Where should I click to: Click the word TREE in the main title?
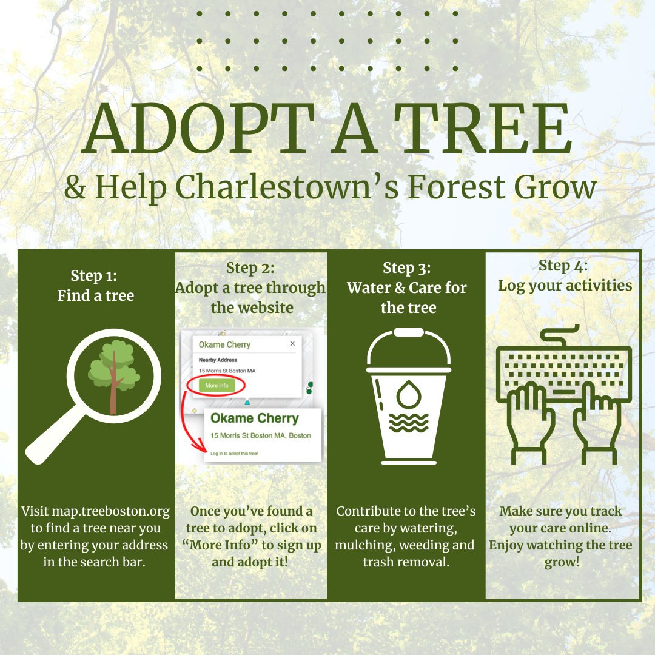point(483,128)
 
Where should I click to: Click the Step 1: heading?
point(94,276)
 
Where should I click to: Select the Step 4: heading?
point(563,266)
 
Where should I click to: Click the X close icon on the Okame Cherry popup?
point(292,343)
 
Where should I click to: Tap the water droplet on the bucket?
point(409,394)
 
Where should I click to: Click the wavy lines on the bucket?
point(409,423)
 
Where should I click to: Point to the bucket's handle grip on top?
point(409,332)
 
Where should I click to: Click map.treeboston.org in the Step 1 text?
point(111,511)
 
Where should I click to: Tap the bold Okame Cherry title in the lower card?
point(254,418)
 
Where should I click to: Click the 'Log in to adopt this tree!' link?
point(234,453)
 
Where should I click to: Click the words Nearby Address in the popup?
point(218,360)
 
